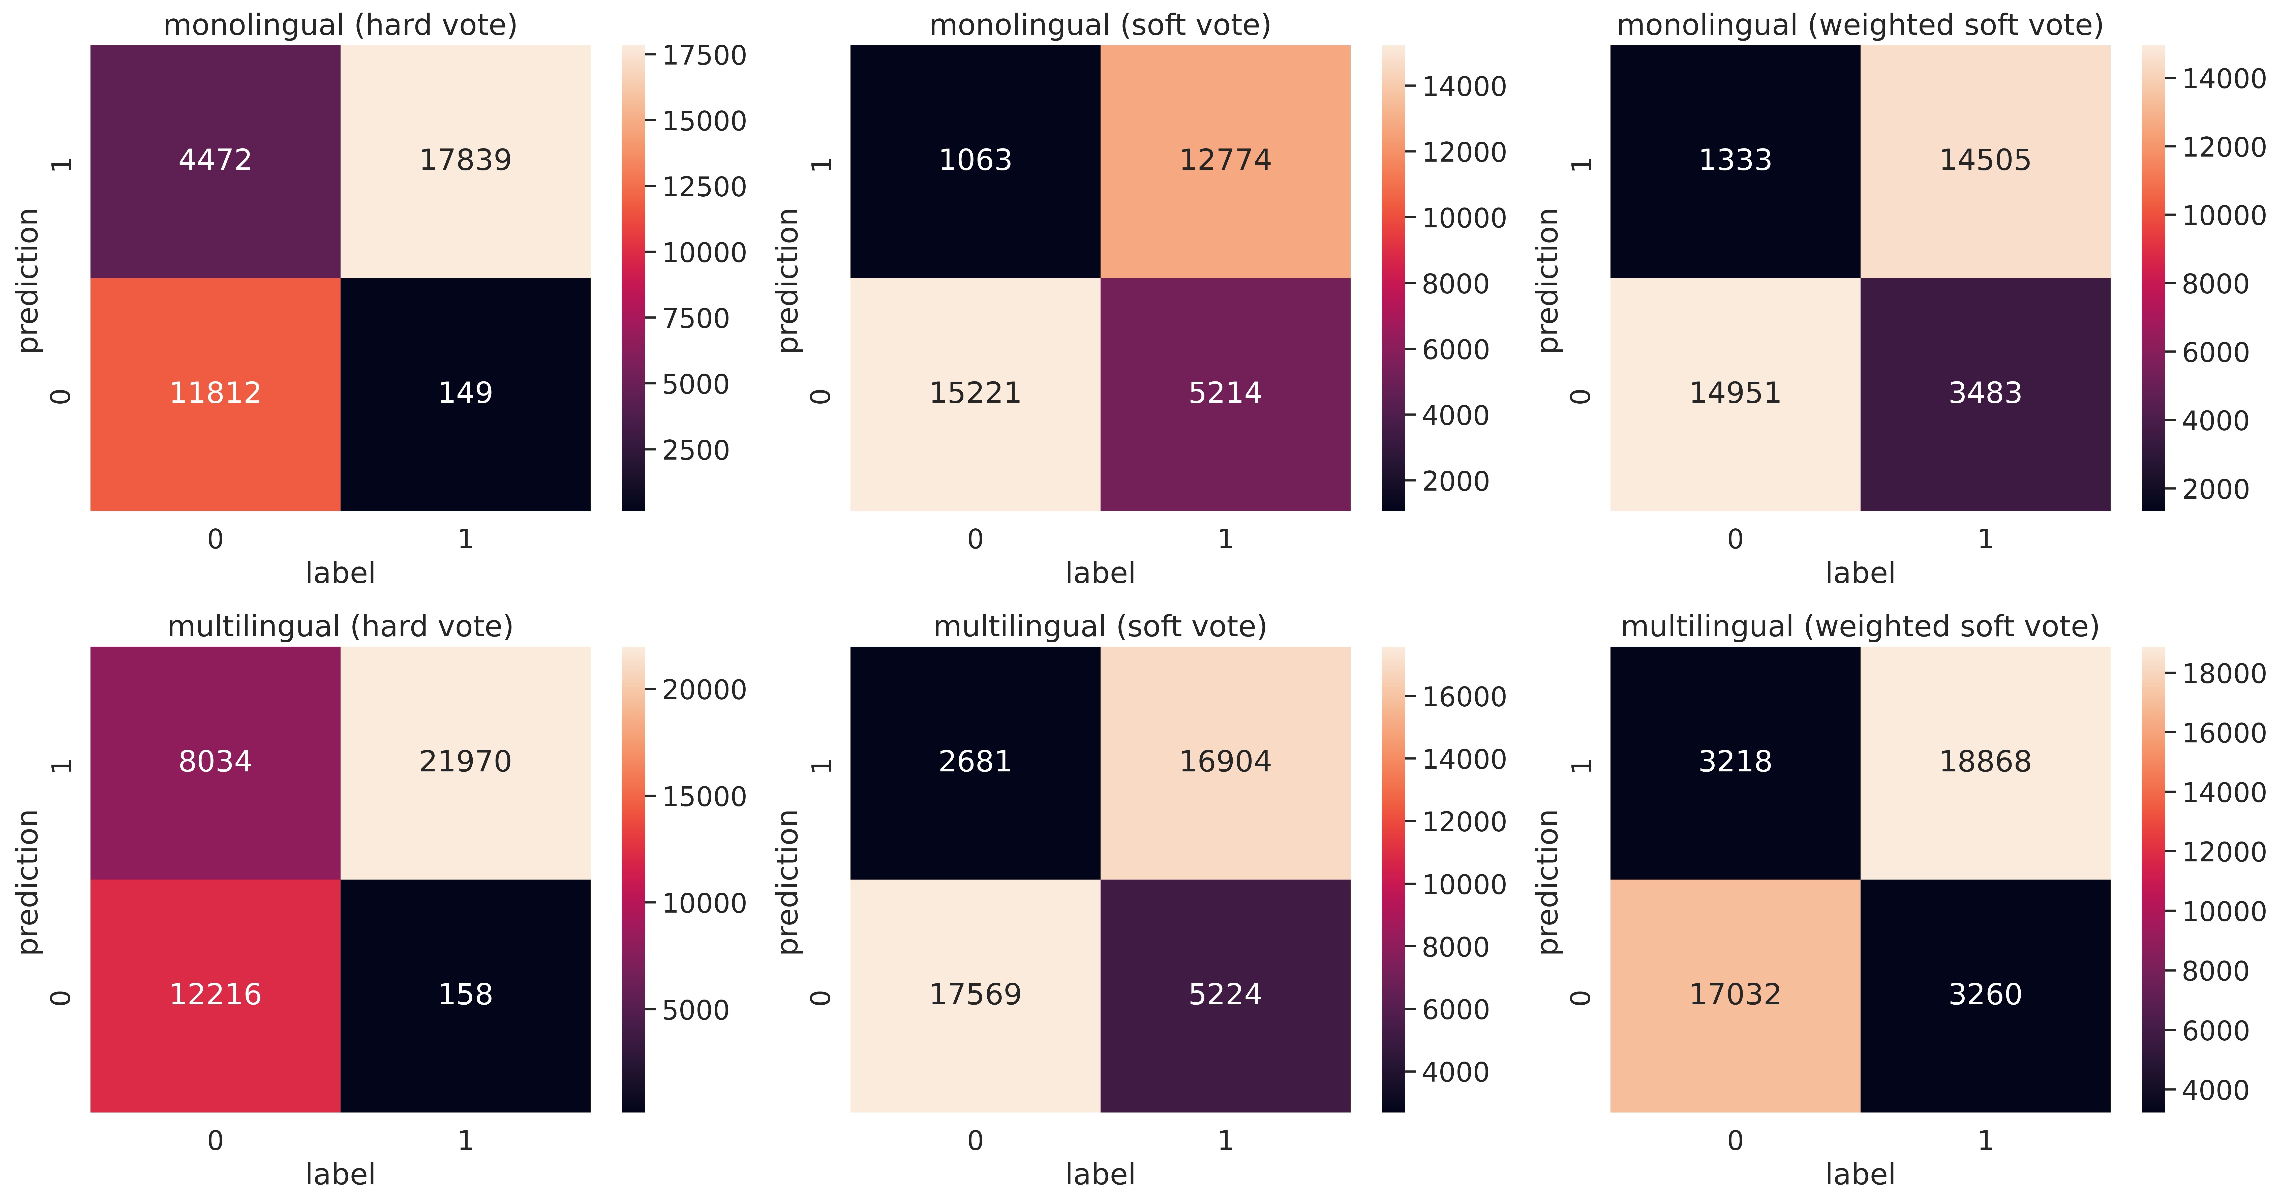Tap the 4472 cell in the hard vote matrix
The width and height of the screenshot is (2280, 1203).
(x=215, y=160)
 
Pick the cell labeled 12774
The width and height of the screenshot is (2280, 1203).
(x=1225, y=160)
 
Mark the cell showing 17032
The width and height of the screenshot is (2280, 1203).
(x=1735, y=994)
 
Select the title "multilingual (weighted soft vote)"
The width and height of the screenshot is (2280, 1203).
(x=1860, y=627)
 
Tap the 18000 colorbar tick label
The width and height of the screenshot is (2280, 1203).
(x=2223, y=674)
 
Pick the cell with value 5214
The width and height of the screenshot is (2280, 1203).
(x=1225, y=393)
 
